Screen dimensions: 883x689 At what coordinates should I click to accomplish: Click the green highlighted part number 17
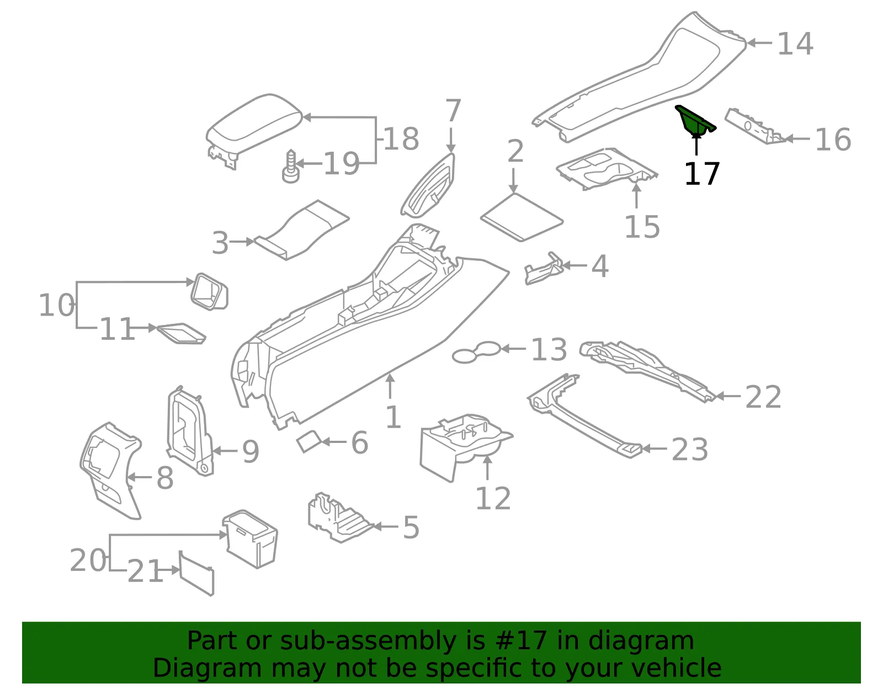pos(694,120)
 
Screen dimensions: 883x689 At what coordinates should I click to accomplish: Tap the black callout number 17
pos(702,174)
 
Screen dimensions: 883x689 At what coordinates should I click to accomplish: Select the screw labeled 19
pos(290,167)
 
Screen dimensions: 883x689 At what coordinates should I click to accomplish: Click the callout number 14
pos(795,44)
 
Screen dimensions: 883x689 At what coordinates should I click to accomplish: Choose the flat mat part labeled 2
pos(522,217)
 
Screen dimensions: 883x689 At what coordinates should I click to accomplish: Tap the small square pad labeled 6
pos(309,442)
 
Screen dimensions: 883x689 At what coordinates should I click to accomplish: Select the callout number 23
pos(690,450)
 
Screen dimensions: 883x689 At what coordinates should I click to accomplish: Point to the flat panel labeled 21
pos(196,573)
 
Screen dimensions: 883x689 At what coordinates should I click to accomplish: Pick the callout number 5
pos(411,527)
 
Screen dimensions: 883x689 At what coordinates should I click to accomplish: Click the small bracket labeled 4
pos(544,269)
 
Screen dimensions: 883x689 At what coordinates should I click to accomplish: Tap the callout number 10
pos(56,305)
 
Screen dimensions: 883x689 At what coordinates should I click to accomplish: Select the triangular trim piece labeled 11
pos(181,333)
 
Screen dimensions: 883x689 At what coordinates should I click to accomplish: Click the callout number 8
pos(165,478)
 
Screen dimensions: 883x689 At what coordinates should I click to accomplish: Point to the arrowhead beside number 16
pos(790,139)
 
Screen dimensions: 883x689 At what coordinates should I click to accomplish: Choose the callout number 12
pos(493,498)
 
